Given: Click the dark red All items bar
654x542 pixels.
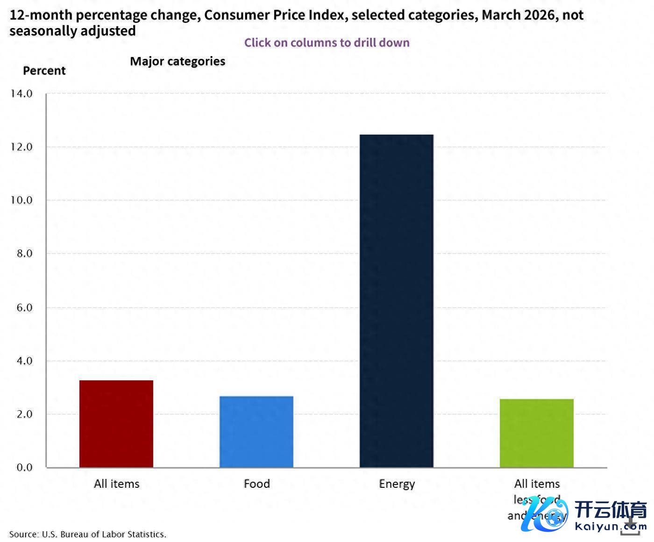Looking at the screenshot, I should click(x=116, y=424).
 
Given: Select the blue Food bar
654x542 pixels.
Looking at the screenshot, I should click(x=256, y=432).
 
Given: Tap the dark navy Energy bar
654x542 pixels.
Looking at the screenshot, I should click(x=397, y=301).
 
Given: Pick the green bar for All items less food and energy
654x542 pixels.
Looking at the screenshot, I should click(x=537, y=433).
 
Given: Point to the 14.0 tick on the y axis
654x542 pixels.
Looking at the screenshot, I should click(x=21, y=93).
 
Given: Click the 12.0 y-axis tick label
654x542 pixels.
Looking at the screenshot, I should click(x=21, y=147).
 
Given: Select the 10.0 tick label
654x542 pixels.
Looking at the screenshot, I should click(x=21, y=200).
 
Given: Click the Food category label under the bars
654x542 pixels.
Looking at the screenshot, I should click(x=256, y=484).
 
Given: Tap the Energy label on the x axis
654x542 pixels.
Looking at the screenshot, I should click(x=397, y=484).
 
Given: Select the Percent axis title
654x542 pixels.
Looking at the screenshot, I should click(x=44, y=71).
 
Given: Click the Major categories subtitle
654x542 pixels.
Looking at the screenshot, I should click(x=178, y=61).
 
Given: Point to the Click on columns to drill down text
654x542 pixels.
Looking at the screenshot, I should click(x=327, y=43).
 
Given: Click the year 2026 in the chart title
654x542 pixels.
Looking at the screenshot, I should click(x=540, y=15).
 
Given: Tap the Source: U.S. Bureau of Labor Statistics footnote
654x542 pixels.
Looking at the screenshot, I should click(x=88, y=534).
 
